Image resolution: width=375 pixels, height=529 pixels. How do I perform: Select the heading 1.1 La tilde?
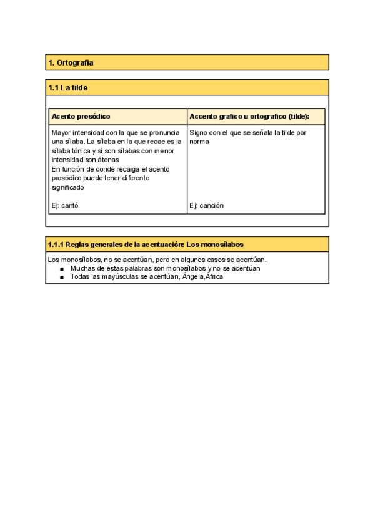click(68, 88)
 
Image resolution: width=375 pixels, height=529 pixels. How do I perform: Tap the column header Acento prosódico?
click(81, 117)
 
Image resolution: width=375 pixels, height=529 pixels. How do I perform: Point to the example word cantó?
click(70, 205)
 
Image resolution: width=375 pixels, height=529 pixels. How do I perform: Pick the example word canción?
click(212, 205)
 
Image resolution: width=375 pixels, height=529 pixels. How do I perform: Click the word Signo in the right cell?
click(199, 132)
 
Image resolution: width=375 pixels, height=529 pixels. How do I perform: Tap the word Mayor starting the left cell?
click(61, 132)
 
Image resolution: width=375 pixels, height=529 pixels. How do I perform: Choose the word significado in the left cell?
click(68, 187)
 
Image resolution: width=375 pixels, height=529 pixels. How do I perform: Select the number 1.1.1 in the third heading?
click(56, 244)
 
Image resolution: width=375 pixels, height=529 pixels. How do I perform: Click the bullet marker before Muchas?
click(62, 269)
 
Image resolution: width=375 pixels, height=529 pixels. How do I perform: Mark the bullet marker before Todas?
click(62, 278)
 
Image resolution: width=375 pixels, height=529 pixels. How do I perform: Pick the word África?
click(214, 277)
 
